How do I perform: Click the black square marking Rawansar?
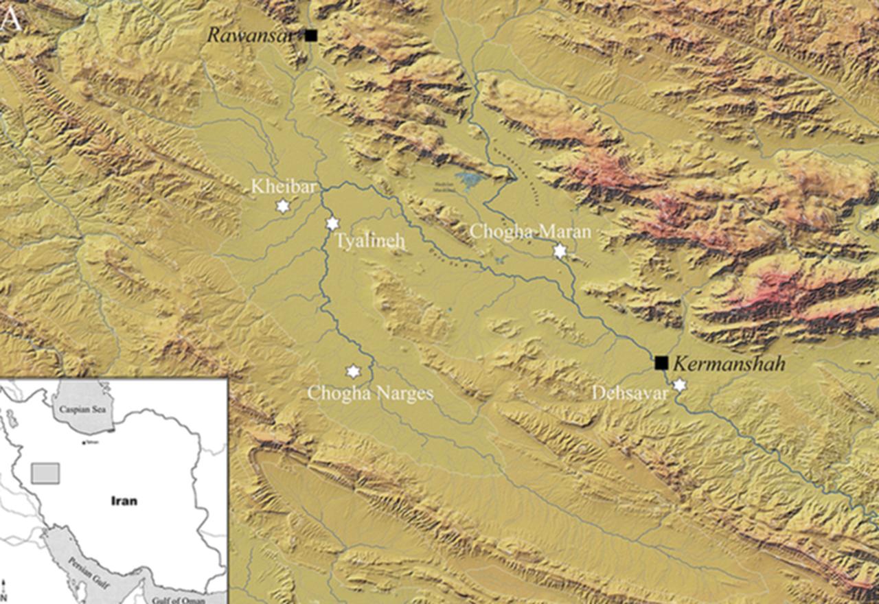[x=311, y=35]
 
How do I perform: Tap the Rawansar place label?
[x=253, y=35]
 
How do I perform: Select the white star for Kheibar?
[x=282, y=206]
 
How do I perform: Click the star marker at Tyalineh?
[x=332, y=224]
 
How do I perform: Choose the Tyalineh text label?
[x=370, y=242]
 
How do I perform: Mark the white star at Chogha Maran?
[x=560, y=251]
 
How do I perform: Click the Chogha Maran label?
[x=529, y=232]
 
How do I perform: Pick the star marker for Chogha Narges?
[x=353, y=371]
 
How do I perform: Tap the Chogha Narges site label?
[x=370, y=393]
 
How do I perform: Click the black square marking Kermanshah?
[x=661, y=363]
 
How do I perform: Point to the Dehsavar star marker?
[x=679, y=385]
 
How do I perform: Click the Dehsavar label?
[x=631, y=393]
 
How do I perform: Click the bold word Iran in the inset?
[x=124, y=501]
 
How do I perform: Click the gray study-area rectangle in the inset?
[x=46, y=473]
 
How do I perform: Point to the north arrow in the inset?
[x=5, y=590]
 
